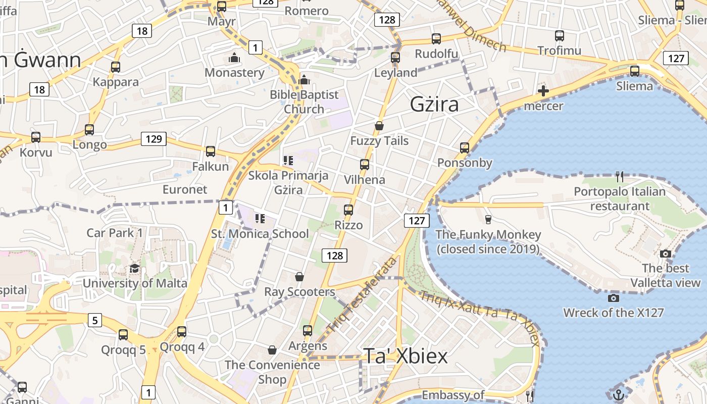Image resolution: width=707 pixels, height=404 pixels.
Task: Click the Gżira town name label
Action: (434, 105)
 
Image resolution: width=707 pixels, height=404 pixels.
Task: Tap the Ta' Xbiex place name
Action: (406, 357)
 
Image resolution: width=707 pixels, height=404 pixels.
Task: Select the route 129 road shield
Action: (154, 139)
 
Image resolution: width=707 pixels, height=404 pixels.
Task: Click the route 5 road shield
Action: (95, 320)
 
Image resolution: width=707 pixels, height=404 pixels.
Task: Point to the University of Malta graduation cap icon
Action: (134, 268)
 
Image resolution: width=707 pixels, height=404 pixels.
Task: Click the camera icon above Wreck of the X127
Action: (614, 298)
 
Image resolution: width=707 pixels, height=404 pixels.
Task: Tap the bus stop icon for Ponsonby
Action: (465, 148)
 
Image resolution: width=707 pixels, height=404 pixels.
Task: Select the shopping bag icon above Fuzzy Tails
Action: (379, 126)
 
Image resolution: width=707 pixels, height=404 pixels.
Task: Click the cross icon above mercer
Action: (543, 91)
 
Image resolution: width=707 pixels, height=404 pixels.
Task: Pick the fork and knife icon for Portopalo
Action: (620, 177)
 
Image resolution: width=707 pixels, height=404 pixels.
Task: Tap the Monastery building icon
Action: (234, 58)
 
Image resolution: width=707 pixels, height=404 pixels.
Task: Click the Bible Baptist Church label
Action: (304, 102)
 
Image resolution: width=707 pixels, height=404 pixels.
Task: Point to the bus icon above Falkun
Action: (211, 151)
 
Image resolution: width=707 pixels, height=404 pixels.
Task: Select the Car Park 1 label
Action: (115, 233)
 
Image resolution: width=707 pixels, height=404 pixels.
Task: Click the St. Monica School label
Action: (260, 234)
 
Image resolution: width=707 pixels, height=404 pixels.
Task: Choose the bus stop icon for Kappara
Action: (116, 67)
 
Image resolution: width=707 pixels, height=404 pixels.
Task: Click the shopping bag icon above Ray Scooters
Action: (299, 277)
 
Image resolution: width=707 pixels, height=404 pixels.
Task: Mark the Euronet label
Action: (185, 189)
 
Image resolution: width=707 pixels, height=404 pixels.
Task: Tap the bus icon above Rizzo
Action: (348, 210)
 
